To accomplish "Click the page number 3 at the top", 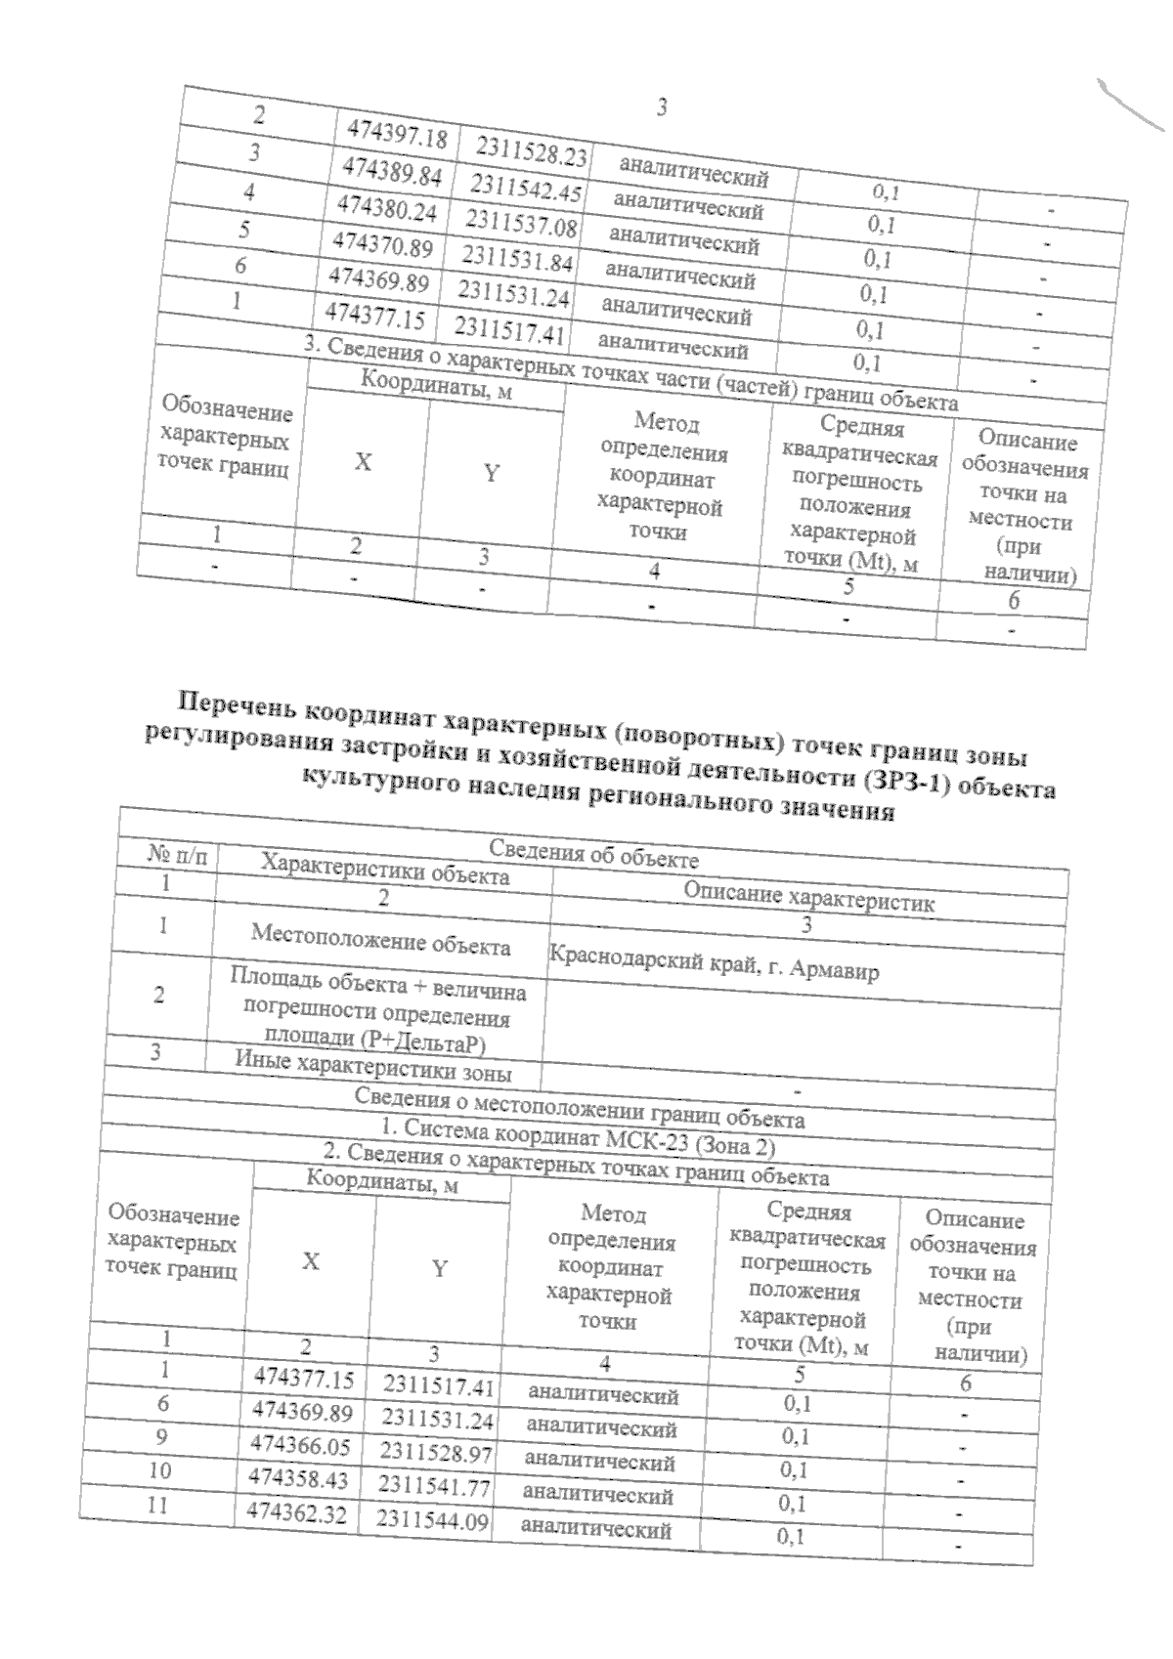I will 662,106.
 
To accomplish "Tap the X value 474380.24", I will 386,208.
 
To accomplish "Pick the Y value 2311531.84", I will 517,258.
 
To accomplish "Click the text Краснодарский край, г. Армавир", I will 715,962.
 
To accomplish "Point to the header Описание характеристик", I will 808,896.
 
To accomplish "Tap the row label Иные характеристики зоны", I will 372,1065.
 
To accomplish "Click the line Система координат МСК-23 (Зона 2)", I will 578,1136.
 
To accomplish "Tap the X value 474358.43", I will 299,1478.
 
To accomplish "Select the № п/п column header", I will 178,856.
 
